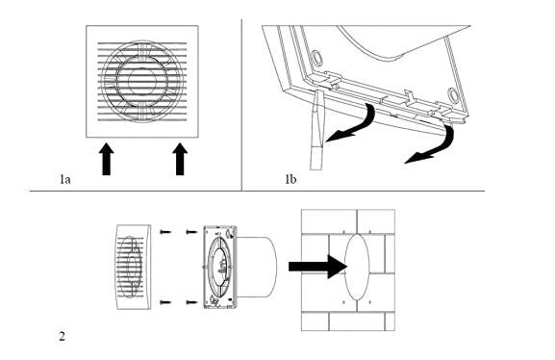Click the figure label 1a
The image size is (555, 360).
64,180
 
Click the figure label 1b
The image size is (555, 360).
290,179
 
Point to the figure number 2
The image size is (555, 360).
62,336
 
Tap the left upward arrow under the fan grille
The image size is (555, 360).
106,159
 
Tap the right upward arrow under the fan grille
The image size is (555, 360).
180,159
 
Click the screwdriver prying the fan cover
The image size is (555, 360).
316,129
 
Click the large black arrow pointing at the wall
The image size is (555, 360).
317,267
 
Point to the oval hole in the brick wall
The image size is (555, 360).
357,268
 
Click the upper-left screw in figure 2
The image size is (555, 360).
165,232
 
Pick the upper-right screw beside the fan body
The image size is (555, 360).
191,232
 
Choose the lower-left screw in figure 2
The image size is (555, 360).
165,302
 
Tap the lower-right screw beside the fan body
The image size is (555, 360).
191,302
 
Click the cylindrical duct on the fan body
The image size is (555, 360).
257,267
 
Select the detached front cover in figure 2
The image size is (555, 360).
134,267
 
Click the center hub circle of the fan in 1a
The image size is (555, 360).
141,81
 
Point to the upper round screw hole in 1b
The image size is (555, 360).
316,58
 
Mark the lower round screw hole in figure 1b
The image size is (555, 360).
453,95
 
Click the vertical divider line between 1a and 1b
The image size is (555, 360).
241,105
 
